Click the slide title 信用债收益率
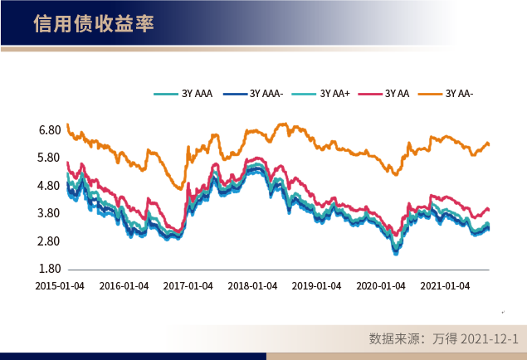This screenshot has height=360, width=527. pos(93,23)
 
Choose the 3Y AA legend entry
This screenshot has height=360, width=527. pos(397,94)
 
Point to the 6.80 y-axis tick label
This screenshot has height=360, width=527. pos(49,130)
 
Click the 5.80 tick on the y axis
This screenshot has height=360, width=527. pos(49,158)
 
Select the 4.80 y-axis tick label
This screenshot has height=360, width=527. pos(49,186)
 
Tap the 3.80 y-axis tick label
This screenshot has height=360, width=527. pos(49,214)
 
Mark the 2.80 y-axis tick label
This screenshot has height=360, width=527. pos(49,241)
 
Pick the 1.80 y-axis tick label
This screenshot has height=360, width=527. pos(49,270)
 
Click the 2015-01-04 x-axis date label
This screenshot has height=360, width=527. pos(59,285)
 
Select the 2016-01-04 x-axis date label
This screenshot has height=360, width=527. pos(124,285)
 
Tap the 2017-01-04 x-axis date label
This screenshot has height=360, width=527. pos(188,285)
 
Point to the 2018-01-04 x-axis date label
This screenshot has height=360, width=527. pos(252,285)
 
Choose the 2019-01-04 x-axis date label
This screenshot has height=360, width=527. pos(317,285)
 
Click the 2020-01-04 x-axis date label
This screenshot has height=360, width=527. pos(381,285)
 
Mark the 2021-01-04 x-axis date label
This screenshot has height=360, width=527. pos(446,285)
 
